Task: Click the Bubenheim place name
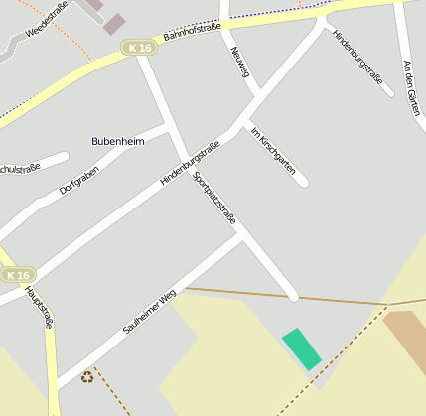point(118,141)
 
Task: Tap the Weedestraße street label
point(47,20)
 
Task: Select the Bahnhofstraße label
point(193,38)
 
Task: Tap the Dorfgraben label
point(79,176)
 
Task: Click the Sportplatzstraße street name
point(214,198)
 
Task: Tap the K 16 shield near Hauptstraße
point(17,275)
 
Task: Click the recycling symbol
point(87,376)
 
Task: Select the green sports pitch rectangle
point(302,348)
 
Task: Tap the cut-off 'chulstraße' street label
point(20,168)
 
